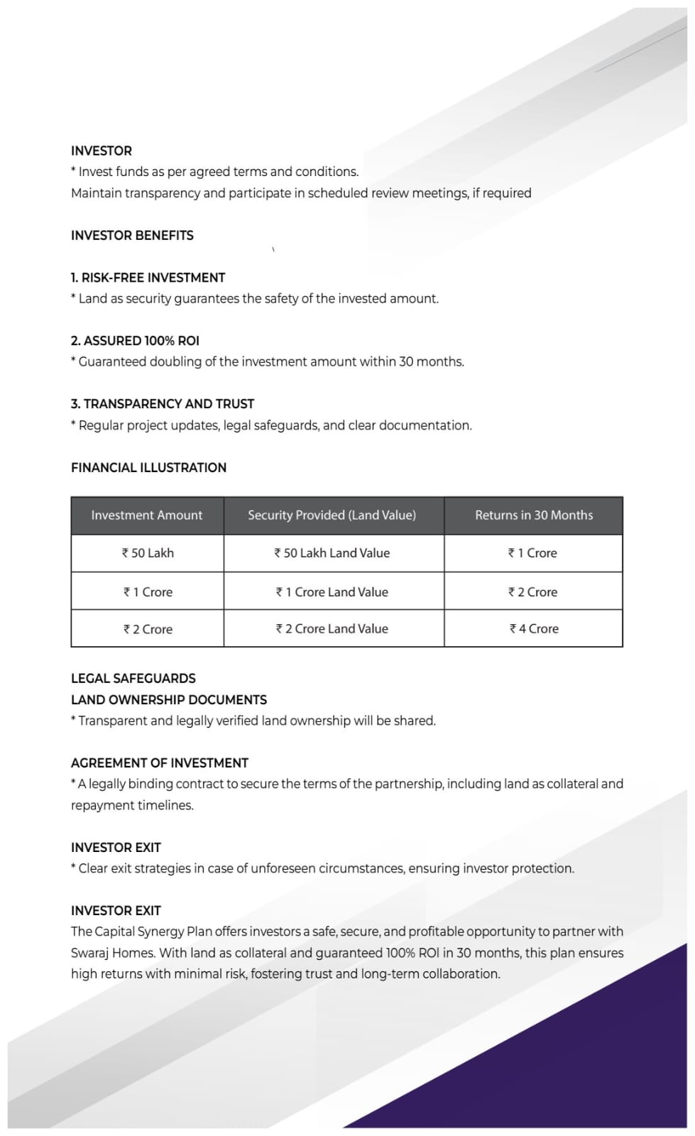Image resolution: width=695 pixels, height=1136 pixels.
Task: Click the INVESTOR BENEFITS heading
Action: (132, 235)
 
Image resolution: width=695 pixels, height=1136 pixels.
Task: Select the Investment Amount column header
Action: (147, 515)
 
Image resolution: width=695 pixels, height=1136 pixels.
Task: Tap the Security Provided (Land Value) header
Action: (332, 515)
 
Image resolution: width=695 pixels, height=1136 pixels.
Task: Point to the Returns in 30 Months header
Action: (534, 515)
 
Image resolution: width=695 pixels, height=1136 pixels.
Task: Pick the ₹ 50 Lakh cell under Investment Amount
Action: (148, 553)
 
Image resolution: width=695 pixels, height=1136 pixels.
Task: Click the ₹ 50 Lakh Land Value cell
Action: (332, 553)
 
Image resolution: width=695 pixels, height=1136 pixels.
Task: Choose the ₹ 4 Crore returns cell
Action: (534, 629)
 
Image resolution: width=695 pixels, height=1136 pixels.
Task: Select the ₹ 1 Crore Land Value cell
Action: (332, 592)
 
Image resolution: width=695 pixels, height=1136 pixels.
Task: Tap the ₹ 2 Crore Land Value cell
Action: (332, 629)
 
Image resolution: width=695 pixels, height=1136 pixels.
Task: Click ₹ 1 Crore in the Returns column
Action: (532, 553)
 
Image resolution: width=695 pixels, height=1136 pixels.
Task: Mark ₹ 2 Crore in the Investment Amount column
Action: (148, 630)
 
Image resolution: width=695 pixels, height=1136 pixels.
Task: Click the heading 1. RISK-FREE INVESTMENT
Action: (148, 278)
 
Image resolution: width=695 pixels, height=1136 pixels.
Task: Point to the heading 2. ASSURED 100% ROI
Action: (135, 341)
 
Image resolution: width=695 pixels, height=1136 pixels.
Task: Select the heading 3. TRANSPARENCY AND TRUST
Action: (162, 404)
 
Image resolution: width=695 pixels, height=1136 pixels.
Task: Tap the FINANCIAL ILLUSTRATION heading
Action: (148, 468)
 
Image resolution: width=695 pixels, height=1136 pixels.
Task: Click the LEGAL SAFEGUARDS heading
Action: (133, 679)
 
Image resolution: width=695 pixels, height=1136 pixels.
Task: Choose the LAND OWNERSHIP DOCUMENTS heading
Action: (169, 700)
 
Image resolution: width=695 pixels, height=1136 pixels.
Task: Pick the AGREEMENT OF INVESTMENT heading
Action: (160, 763)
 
